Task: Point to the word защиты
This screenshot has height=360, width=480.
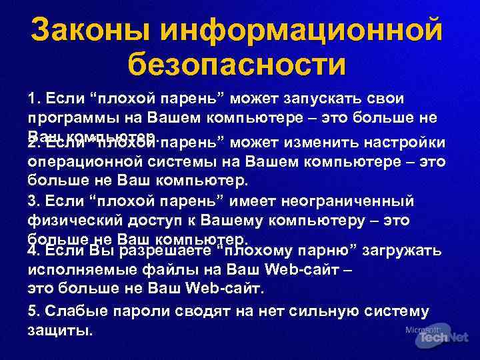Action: [59, 331]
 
